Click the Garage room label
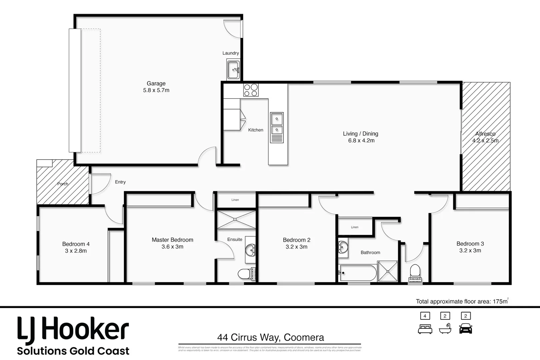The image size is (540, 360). pos(156,84)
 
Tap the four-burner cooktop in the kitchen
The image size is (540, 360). pos(251,90)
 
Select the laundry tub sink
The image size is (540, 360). pos(233,70)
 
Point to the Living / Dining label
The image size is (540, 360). pos(360,134)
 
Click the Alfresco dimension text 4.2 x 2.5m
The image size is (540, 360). pos(485,141)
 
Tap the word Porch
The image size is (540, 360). pos(63,184)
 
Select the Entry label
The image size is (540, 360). pos(120,182)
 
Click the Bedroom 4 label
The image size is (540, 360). pos(76,244)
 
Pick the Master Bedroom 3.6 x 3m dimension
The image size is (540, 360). pos(172,247)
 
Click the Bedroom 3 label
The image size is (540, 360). pos(470,244)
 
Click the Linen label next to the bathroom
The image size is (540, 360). pos(355,227)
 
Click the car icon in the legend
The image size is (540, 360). pos(466,328)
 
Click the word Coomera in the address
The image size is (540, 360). pos(304,338)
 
